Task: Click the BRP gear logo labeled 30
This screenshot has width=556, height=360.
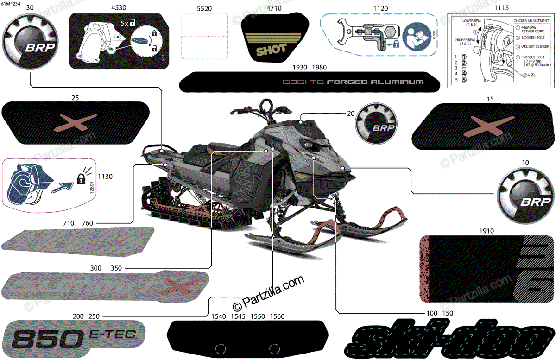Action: point(30,43)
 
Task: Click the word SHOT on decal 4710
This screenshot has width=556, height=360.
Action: point(271,49)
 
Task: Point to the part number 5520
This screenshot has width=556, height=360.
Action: point(204,8)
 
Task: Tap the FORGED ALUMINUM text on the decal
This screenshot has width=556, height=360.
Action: point(375,82)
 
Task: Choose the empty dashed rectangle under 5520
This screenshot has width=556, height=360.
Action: point(204,36)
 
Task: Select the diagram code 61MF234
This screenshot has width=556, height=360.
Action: point(11,4)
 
